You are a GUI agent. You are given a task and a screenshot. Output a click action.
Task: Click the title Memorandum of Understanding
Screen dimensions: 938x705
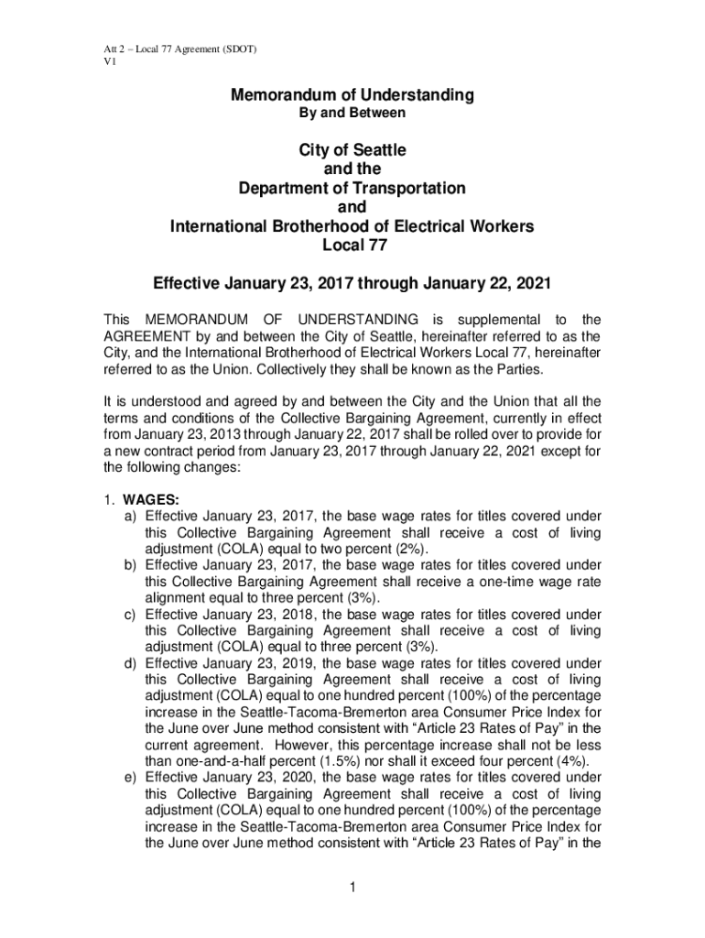(352, 95)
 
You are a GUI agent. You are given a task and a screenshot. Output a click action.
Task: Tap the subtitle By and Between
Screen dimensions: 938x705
(352, 114)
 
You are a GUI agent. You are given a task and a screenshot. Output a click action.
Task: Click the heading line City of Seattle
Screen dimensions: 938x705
(352, 149)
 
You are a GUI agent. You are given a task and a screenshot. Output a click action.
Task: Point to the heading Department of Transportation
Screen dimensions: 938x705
(352, 188)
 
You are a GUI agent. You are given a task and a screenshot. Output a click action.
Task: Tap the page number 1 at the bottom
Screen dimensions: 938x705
(352, 886)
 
